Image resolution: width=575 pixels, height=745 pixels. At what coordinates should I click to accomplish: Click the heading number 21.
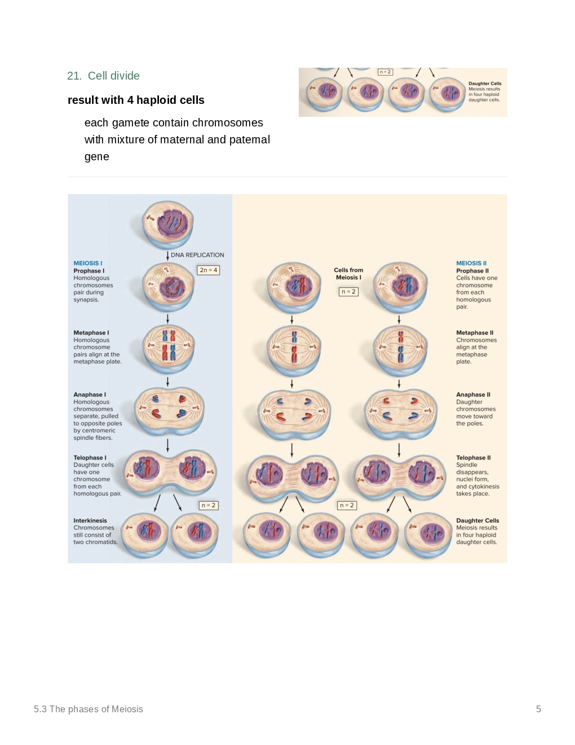[74, 76]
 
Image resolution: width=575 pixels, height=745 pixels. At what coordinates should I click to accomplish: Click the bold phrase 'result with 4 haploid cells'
[136, 100]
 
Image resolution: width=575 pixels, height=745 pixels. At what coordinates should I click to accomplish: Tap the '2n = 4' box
[208, 270]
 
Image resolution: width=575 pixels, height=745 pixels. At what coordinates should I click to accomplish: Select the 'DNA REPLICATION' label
[197, 255]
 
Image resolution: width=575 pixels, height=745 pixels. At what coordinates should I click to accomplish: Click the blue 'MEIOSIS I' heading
[88, 264]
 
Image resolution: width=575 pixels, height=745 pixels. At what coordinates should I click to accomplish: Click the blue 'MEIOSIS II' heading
[471, 264]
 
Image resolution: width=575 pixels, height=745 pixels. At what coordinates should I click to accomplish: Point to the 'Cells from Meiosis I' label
[348, 274]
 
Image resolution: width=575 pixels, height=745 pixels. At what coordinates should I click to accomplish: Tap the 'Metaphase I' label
[91, 333]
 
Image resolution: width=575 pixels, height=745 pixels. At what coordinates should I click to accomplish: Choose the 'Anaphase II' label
[473, 395]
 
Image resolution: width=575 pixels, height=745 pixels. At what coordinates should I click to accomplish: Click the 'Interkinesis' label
[90, 521]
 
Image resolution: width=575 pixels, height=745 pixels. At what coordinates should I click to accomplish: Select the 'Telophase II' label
[474, 458]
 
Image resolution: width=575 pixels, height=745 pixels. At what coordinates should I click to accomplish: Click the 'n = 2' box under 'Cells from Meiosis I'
[348, 292]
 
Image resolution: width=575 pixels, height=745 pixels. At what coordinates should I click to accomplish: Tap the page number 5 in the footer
[538, 709]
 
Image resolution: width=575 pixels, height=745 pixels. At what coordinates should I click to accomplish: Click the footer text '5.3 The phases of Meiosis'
[89, 709]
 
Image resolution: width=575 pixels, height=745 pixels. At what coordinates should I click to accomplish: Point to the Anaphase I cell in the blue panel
[169, 411]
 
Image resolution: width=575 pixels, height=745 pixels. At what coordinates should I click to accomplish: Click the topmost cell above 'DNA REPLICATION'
[168, 224]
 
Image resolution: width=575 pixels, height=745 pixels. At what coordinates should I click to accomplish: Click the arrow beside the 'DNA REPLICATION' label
[167, 256]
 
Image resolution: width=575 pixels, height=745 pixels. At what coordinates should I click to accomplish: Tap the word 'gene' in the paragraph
[97, 157]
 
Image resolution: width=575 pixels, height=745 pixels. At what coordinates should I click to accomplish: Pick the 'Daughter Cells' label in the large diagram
[477, 521]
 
